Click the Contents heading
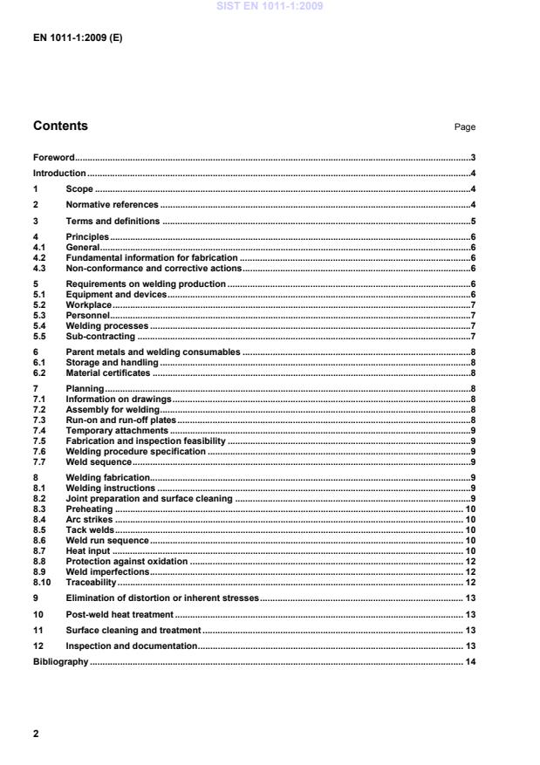[x=60, y=126]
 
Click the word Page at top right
[x=464, y=127]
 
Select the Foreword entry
[x=53, y=158]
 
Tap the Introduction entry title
[x=59, y=174]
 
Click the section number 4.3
[x=39, y=269]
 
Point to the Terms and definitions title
[x=113, y=221]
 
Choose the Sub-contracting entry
[x=100, y=336]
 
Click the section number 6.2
[x=39, y=372]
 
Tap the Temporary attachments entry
[x=117, y=430]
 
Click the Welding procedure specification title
[x=135, y=451]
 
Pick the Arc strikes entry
[x=89, y=519]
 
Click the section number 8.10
[x=41, y=582]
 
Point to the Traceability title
[x=91, y=582]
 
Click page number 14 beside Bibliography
[x=469, y=662]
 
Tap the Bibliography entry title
[x=60, y=662]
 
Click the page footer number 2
[x=36, y=734]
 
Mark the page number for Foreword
[x=472, y=158]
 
